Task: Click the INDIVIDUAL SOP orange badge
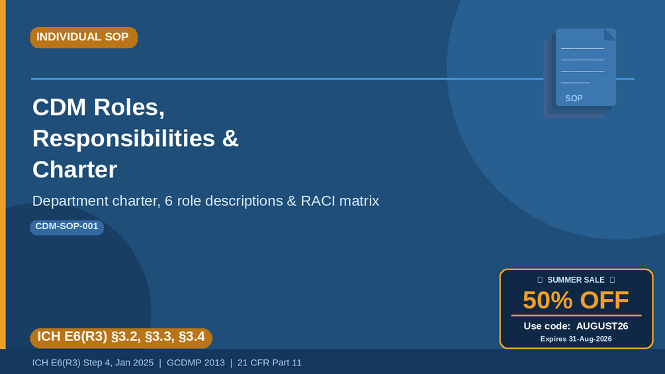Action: (84, 37)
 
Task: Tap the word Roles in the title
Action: (129, 107)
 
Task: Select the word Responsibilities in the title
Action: (124, 138)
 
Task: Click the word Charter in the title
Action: (75, 169)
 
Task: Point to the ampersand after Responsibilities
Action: (230, 138)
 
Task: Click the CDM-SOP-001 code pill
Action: (67, 227)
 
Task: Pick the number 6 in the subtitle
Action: (168, 201)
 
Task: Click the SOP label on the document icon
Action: (574, 99)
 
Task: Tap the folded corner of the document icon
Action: (610, 34)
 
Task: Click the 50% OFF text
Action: (576, 301)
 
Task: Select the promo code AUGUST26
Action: (602, 326)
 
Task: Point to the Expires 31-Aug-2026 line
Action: (576, 339)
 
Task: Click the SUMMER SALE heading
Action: (576, 280)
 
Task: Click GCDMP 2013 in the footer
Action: (195, 363)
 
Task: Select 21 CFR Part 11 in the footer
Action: (269, 363)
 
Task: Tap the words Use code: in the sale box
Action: (547, 326)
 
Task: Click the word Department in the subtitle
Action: (70, 201)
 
